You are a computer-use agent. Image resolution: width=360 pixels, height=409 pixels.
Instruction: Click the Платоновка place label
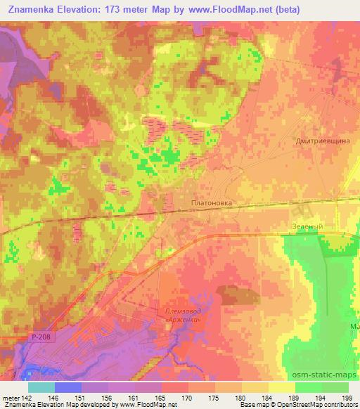211,201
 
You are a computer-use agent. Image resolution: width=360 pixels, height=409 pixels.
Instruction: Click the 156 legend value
111,398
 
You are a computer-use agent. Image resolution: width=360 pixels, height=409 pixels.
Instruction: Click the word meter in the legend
8,398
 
